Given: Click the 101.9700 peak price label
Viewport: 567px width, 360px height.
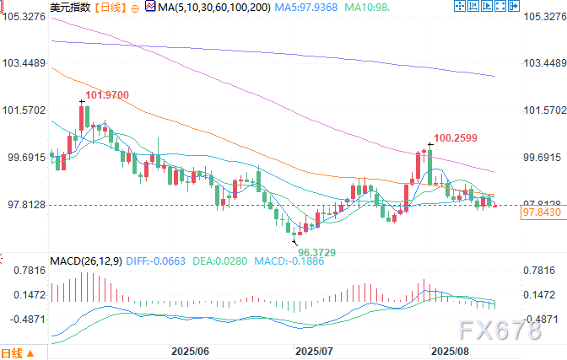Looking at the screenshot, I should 108,95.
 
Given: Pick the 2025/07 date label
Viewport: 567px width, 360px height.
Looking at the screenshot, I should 314,348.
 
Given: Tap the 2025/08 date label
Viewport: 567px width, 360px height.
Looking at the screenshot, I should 449,348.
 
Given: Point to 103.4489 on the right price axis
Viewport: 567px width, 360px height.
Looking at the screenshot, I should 544,63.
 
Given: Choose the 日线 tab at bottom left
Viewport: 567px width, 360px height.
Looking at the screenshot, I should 13,352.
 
